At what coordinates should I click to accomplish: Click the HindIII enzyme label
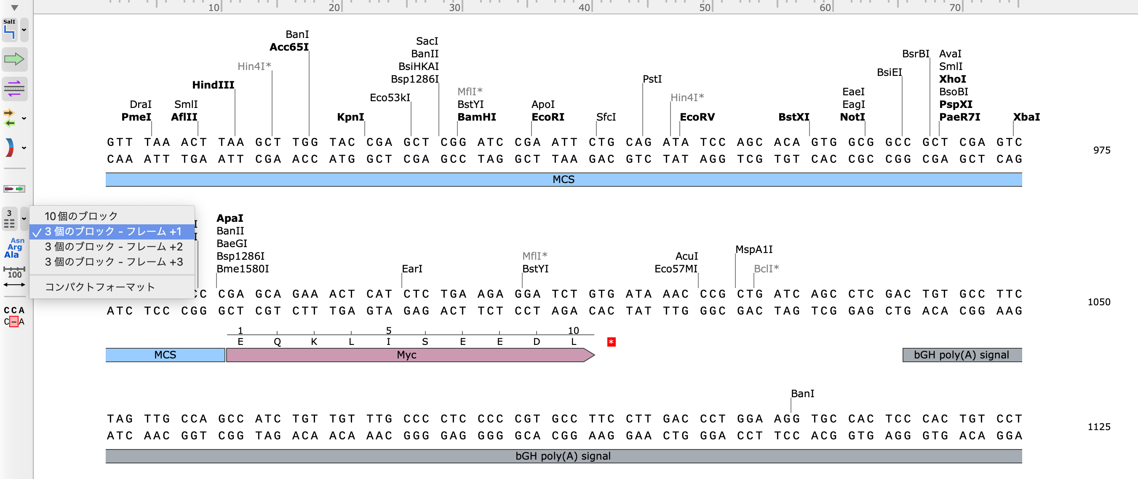(x=213, y=85)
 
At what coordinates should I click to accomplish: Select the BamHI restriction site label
(x=476, y=117)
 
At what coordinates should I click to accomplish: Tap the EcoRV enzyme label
(x=697, y=117)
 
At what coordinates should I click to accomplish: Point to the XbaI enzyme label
(x=1026, y=117)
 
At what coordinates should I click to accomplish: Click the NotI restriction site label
(x=852, y=117)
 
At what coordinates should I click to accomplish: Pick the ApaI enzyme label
(x=230, y=218)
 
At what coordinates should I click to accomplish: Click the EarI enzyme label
(x=412, y=269)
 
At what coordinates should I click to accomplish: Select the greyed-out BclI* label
(x=766, y=269)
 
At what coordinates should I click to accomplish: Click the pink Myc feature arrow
(x=406, y=355)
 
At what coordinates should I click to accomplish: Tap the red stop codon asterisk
(x=611, y=342)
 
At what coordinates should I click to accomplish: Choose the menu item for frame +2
(x=114, y=247)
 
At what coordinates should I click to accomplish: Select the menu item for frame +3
(x=114, y=262)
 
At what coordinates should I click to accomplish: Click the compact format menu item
(x=100, y=287)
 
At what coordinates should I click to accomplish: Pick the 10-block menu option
(x=81, y=216)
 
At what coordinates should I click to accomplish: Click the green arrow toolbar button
(x=14, y=59)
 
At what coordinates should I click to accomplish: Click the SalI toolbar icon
(x=10, y=30)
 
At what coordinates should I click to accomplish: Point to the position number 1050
(x=1098, y=302)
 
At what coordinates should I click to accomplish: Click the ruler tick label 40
(x=584, y=8)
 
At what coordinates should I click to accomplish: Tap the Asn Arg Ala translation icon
(x=14, y=248)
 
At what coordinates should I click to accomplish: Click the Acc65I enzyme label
(x=289, y=47)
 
